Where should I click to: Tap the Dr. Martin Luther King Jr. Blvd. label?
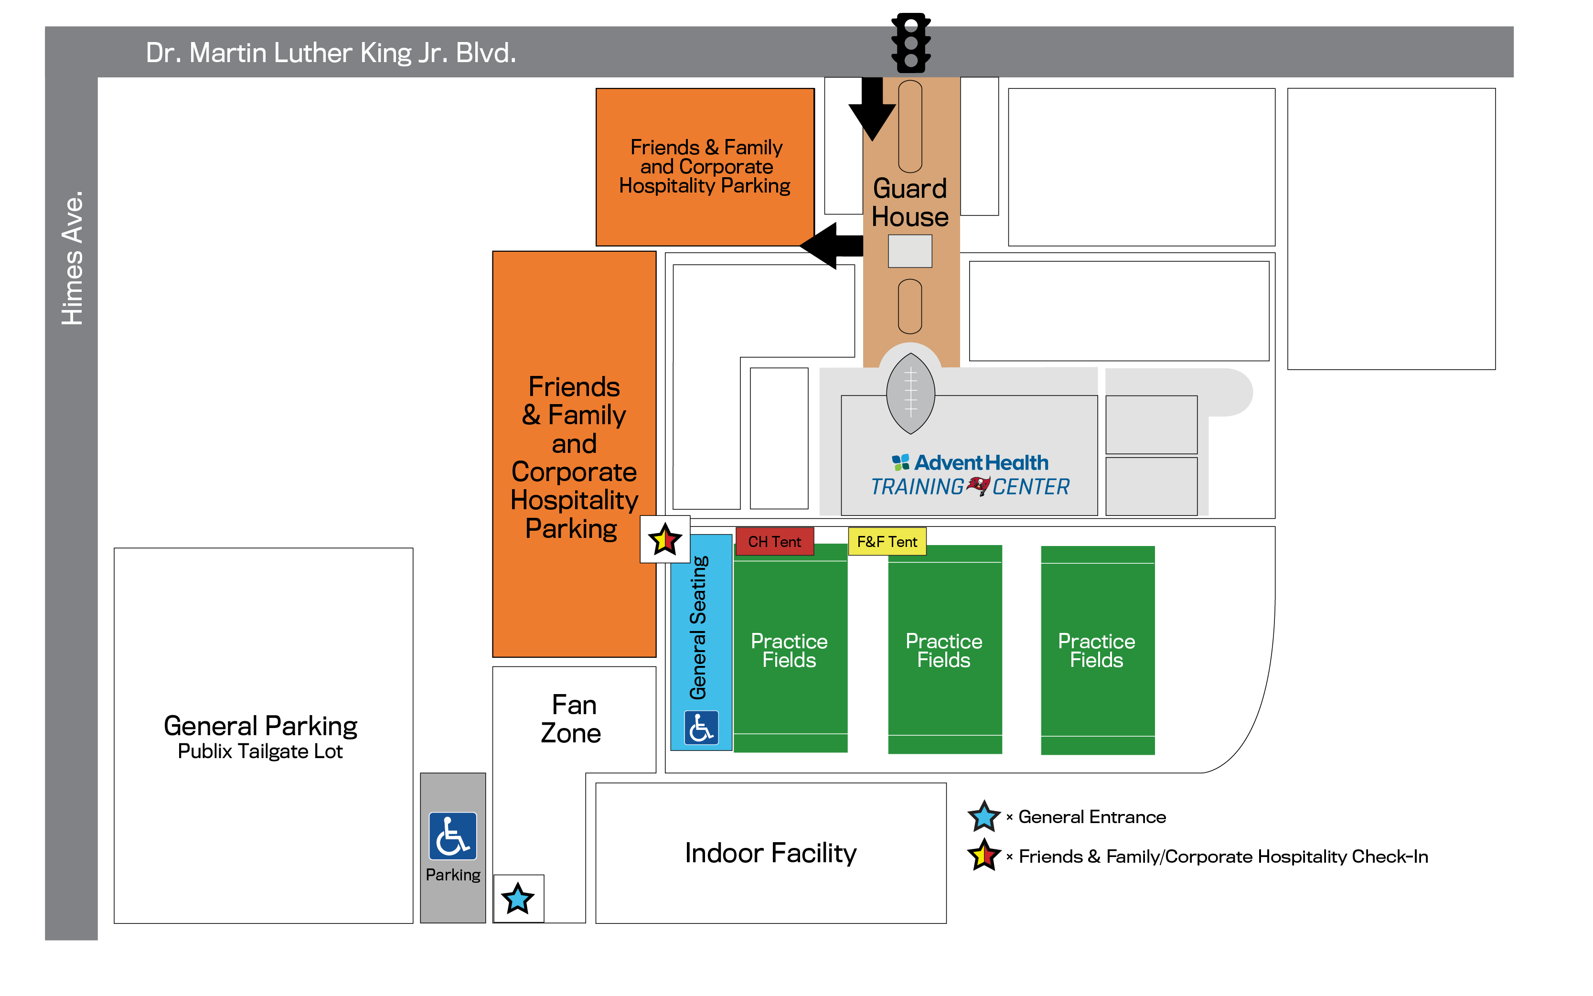click(331, 53)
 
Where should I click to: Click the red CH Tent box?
click(774, 542)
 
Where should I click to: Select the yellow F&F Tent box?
click(887, 542)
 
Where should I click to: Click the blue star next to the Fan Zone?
click(518, 899)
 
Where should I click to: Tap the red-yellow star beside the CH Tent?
click(664, 539)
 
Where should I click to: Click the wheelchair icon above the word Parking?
click(452, 836)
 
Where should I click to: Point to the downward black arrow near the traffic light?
click(872, 109)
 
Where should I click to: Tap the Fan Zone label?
click(572, 718)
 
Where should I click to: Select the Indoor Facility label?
click(770, 853)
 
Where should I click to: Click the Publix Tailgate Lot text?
click(260, 751)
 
